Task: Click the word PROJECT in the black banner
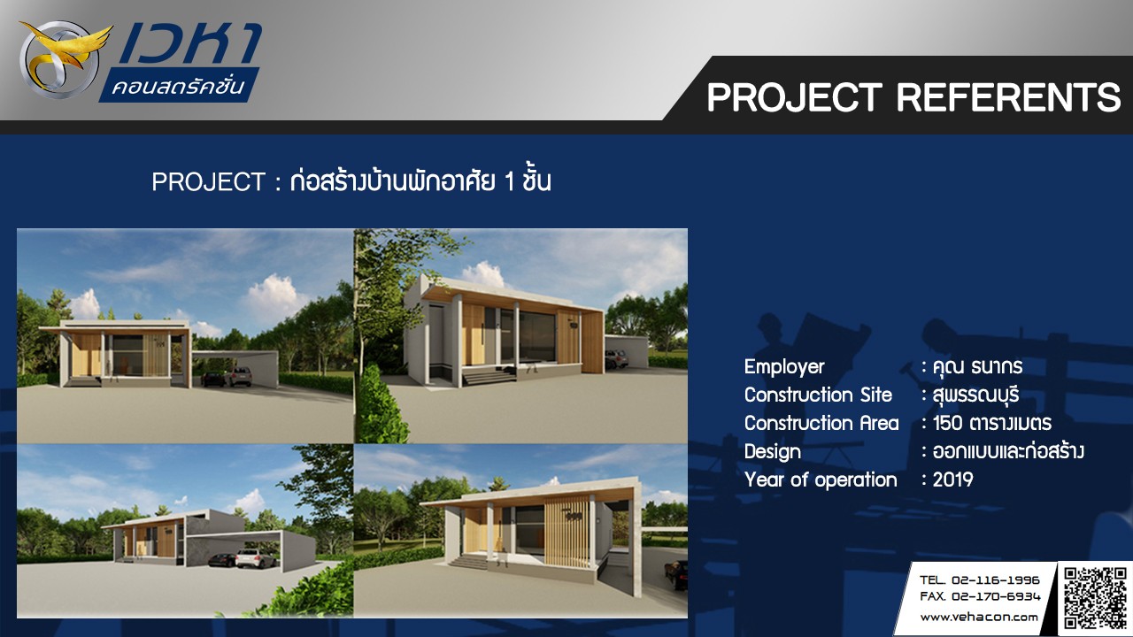(795, 97)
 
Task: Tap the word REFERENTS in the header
(1009, 97)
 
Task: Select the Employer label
(784, 366)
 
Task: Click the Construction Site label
(818, 395)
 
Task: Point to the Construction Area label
(821, 423)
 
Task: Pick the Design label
(773, 452)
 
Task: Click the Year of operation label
(821, 480)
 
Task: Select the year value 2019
(953, 480)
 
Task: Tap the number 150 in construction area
(947, 423)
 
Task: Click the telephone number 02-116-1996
(996, 579)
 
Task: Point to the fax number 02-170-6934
(996, 596)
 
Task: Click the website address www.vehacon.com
(979, 618)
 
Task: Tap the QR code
(1095, 599)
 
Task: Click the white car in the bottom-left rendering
(256, 558)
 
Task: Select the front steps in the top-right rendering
(489, 377)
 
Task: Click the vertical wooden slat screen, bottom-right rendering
(567, 532)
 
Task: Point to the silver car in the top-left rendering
(238, 377)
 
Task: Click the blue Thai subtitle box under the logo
(179, 85)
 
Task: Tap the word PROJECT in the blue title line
(208, 182)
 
